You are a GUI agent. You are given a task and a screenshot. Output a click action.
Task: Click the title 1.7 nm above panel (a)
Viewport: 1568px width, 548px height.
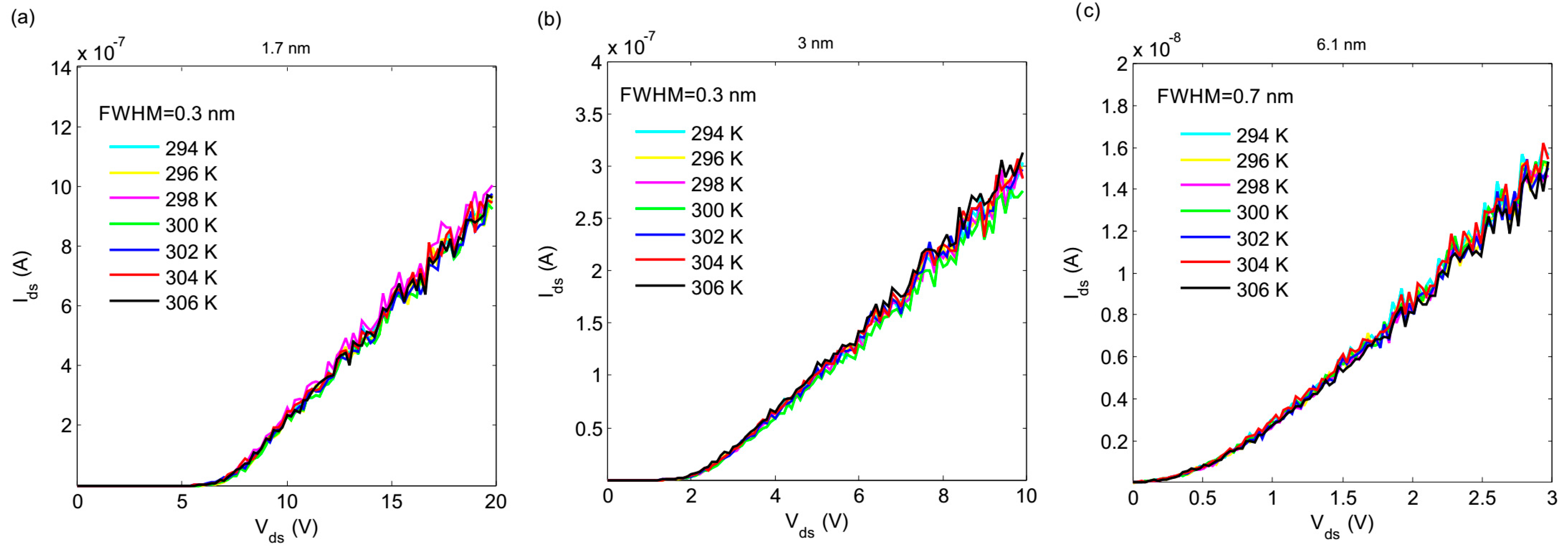[x=285, y=48]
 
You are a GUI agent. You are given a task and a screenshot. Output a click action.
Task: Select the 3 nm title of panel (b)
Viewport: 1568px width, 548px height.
[x=815, y=43]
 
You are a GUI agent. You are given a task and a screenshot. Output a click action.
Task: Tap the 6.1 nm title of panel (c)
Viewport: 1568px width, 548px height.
[x=1341, y=44]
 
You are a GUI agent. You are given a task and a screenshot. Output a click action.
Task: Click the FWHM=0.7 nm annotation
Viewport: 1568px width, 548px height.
[x=1225, y=96]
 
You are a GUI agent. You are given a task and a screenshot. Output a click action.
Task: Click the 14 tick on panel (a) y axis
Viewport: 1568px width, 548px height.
[x=61, y=68]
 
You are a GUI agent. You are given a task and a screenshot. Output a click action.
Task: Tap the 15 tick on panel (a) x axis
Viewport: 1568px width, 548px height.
[x=391, y=502]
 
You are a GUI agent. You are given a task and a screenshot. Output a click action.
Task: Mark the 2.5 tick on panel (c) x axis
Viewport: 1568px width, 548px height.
[x=1481, y=498]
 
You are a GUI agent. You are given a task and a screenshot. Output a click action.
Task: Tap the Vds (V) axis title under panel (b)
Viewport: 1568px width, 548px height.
[x=815, y=523]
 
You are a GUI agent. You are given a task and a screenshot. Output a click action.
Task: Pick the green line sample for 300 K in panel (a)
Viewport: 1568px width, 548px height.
[x=134, y=224]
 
